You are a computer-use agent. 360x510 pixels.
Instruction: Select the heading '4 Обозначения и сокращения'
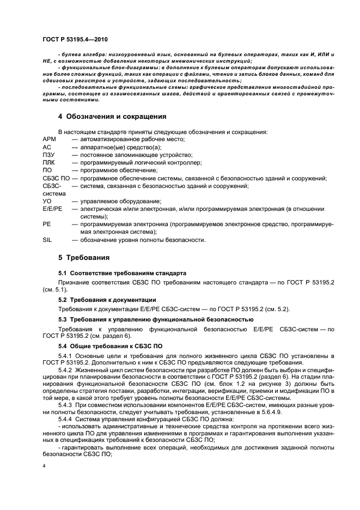pyautogui.click(x=112, y=117)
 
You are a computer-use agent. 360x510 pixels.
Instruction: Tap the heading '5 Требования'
pyautogui.click(x=84, y=257)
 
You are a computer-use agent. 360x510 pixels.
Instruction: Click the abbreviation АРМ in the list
pyautogui.click(x=49, y=139)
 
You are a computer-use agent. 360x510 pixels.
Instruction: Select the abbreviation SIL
pyautogui.click(x=47, y=239)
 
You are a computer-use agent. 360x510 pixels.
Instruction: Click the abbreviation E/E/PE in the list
pyautogui.click(x=52, y=209)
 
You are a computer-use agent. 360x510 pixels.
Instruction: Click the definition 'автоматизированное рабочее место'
pyautogui.click(x=133, y=139)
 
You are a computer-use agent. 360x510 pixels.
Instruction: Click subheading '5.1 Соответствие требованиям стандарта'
pyautogui.click(x=122, y=273)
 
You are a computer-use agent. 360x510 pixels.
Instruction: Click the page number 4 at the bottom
pyautogui.click(x=44, y=466)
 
